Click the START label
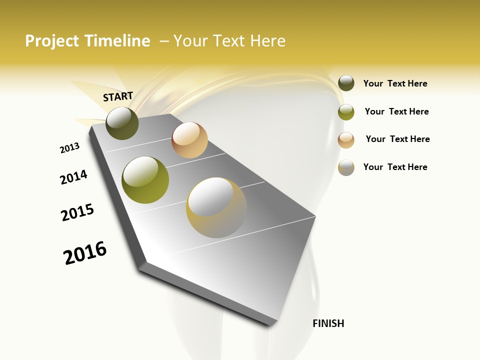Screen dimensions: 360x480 point(118,96)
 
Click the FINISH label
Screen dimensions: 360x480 point(328,323)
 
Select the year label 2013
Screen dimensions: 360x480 point(69,148)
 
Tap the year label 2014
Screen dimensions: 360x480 point(73,177)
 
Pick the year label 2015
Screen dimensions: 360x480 point(77,212)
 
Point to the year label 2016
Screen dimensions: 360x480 point(85,253)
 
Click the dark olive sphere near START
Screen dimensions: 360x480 point(122,123)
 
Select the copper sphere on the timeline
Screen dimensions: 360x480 point(189,140)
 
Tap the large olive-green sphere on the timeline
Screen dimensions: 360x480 point(145,180)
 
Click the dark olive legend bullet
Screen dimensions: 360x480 point(346,83)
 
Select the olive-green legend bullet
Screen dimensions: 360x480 point(346,112)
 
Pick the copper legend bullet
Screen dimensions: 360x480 point(346,140)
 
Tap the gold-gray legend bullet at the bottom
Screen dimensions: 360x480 point(346,167)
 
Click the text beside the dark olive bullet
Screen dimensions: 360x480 point(395,83)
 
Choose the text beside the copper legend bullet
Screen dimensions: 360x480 point(397,139)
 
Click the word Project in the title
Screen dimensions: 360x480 point(52,41)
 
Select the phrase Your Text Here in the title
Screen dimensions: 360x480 point(229,41)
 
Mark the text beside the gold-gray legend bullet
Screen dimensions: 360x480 point(395,167)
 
